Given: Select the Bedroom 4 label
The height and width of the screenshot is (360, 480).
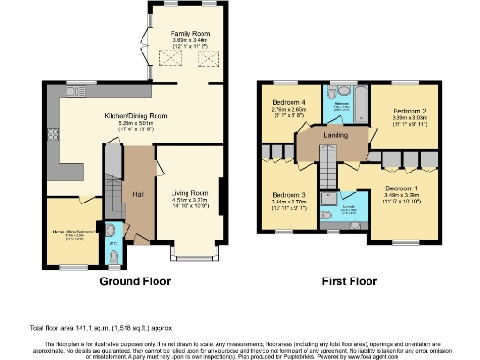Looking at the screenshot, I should [x=289, y=101].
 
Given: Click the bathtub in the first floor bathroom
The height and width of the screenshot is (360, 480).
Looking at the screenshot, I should [x=357, y=110].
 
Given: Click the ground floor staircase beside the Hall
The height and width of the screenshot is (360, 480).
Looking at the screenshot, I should [x=111, y=192].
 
